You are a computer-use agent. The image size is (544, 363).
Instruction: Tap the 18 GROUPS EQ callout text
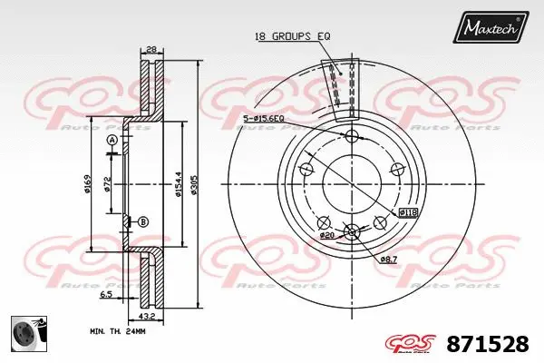coord(291,35)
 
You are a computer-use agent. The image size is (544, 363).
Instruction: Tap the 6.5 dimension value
coord(107,295)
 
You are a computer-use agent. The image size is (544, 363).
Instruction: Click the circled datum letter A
coord(112,140)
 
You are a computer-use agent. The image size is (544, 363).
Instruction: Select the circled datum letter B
coord(143,221)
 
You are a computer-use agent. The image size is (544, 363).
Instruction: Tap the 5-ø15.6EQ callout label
coord(264,118)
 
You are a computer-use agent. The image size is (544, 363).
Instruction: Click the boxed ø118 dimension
coord(408,212)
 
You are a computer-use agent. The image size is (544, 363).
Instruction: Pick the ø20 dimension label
coord(327,235)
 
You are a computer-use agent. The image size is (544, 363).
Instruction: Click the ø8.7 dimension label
coord(388,260)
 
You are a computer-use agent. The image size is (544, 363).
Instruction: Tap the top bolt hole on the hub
coord(352,136)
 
